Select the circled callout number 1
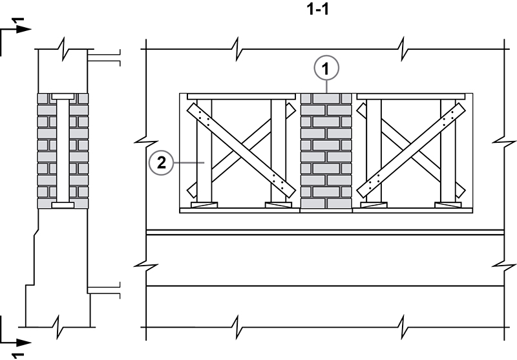click(326, 67)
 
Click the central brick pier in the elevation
click(326, 152)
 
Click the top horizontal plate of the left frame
click(237, 96)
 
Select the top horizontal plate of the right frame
click(411, 96)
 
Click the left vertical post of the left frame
click(204, 152)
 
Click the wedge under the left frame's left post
click(204, 206)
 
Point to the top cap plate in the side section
click(63, 96)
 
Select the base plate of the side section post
click(63, 206)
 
